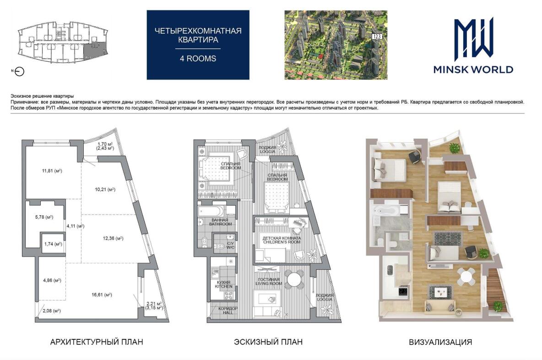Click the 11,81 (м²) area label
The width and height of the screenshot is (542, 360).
(52, 170)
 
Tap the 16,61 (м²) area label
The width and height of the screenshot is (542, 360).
(102, 295)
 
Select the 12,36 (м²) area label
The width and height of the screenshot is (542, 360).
(113, 238)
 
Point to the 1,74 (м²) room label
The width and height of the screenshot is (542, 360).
(53, 244)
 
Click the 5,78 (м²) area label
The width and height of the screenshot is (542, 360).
(44, 217)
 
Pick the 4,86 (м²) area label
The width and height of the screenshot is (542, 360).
(52, 280)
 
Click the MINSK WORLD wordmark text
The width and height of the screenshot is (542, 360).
(473, 70)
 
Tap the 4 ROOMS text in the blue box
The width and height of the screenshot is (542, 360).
(198, 59)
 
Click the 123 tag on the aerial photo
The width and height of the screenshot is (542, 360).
(377, 36)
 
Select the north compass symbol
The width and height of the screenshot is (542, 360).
(20, 71)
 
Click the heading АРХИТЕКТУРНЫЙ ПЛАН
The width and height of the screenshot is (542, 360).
(97, 342)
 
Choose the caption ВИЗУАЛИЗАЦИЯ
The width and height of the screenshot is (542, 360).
(440, 342)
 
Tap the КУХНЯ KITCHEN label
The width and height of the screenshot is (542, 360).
(224, 284)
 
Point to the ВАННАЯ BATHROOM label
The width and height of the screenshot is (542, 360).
(220, 222)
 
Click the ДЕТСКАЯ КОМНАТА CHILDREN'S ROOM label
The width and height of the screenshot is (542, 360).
(282, 240)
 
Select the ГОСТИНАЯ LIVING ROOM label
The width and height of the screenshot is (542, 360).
(269, 282)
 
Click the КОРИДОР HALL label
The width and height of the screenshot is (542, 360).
(228, 310)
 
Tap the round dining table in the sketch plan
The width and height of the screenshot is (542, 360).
(295, 279)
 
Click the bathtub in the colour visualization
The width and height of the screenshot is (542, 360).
(385, 210)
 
